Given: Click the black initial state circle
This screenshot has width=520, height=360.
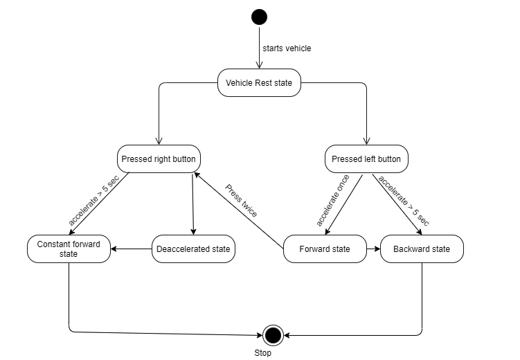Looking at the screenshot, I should point(260,17).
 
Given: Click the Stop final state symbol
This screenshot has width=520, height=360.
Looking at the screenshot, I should point(273,336).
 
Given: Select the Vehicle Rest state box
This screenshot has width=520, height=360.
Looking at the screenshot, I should point(259,83).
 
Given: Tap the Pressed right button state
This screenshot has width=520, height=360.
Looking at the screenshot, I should point(159,159).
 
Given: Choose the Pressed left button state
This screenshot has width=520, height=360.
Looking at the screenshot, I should point(366,159).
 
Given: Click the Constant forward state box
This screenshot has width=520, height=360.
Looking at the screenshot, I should point(69,249).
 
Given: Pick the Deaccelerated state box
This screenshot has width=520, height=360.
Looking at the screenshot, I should point(193,249).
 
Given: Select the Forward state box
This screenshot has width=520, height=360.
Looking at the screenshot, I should point(325,249).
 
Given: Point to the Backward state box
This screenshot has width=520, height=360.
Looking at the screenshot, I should point(422,249).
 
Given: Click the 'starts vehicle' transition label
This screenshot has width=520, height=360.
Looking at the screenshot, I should point(287,48).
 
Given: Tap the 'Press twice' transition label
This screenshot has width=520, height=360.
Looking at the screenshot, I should point(241,201).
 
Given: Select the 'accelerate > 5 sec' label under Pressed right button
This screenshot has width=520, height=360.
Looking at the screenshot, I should point(95,200).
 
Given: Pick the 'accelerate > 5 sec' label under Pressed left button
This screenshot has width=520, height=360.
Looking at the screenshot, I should point(404,201).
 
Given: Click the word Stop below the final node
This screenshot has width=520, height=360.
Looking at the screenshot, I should point(262,353).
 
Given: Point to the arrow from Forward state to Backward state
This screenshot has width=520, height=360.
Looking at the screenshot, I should point(373,249).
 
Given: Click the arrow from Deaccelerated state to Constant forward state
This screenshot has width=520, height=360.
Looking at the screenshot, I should point(131,249).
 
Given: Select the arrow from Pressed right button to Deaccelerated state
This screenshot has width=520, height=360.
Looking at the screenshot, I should point(192,204).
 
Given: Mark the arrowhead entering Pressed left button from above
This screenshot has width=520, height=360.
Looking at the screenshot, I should point(366,141).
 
